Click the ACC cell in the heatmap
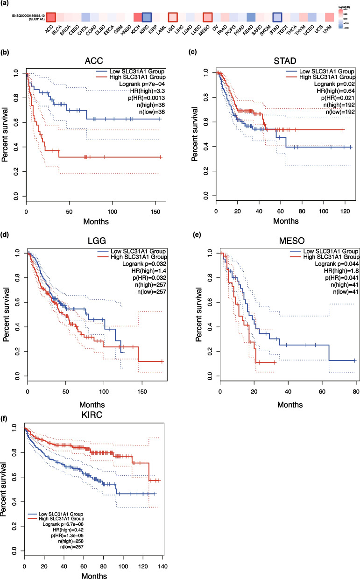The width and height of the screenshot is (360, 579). point(51,17)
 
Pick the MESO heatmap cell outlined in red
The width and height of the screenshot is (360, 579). point(207,17)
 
